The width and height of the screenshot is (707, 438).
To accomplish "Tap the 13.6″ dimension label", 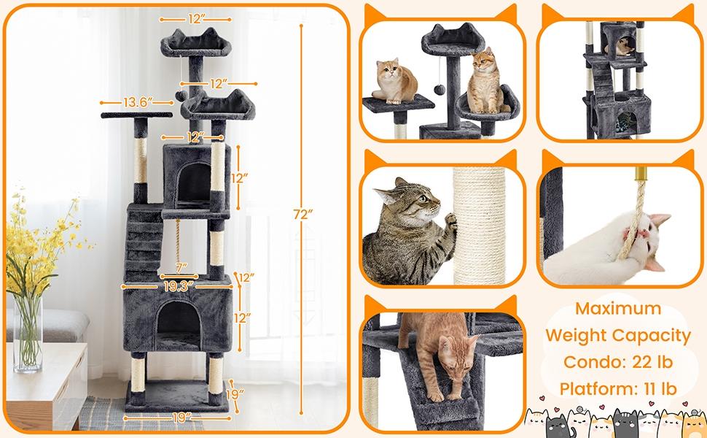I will tap(136, 103).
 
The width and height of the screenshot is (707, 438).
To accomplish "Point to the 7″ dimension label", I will tap(181, 267).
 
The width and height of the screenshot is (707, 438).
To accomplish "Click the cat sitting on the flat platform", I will tap(394, 80).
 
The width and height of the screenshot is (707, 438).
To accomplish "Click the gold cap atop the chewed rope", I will tap(641, 174).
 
